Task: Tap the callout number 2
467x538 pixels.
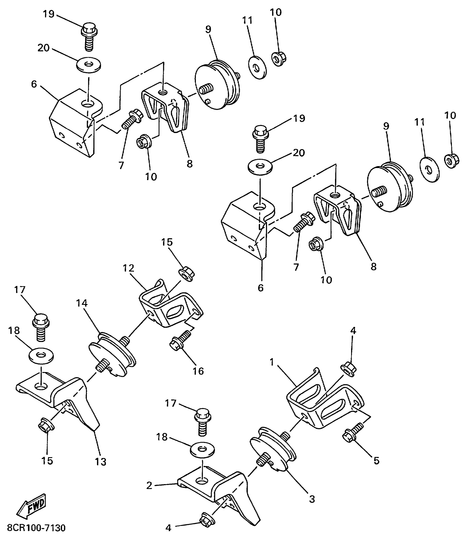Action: [x=149, y=485]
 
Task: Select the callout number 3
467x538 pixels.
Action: [x=312, y=499]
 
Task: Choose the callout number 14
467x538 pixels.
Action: [x=82, y=303]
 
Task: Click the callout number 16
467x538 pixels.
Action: [x=198, y=371]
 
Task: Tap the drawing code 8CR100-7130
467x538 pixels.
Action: [x=37, y=528]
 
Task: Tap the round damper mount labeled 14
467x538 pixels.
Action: [x=112, y=354]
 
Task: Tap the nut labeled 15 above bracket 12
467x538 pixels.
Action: [x=187, y=273]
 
